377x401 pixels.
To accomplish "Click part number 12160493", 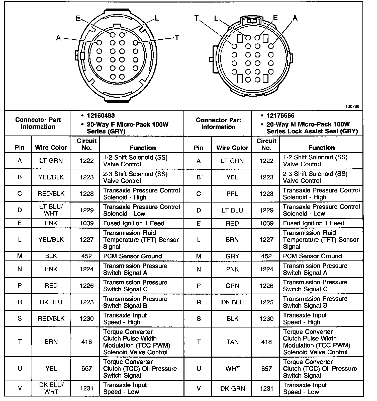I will tap(101, 116).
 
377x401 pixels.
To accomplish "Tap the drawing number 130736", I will tap(352, 106).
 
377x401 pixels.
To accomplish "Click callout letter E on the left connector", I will tap(78, 18).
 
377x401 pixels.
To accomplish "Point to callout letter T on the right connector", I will tap(197, 18).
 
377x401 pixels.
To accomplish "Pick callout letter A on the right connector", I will tap(295, 18).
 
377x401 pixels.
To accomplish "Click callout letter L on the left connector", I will tap(157, 18).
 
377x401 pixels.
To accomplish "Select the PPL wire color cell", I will tap(232, 194).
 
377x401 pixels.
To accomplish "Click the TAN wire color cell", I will tap(232, 342).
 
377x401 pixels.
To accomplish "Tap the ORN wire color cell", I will tap(232, 286).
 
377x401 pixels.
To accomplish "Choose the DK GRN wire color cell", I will tap(232, 388).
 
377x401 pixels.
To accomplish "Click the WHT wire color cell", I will tap(232, 369).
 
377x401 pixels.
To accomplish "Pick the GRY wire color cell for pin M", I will tap(232, 256).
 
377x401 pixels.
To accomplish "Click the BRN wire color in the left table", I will tap(51, 342).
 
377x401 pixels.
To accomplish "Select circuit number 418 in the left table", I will tap(86, 342).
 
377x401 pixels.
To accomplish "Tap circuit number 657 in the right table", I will tap(266, 369).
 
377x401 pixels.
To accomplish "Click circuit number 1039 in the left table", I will tap(86, 223).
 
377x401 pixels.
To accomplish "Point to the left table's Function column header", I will tap(143, 148).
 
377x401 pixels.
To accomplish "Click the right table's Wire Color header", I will tap(232, 148).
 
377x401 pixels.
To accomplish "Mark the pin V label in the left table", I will tap(20, 388).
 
